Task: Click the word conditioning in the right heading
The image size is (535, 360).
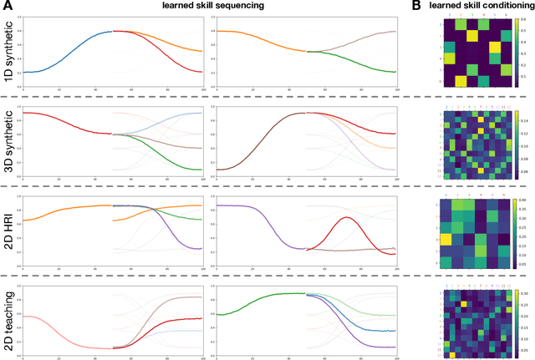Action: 502,7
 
